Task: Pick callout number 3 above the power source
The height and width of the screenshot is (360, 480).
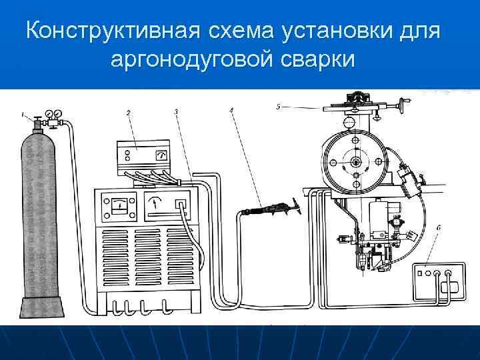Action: point(176,112)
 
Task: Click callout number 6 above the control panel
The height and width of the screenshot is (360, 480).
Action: point(437,229)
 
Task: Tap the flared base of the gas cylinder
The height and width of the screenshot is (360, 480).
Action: point(43,309)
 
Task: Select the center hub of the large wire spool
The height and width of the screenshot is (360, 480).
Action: point(356,161)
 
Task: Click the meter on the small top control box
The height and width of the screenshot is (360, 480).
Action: point(160,155)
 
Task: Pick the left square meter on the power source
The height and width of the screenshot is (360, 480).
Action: point(119,205)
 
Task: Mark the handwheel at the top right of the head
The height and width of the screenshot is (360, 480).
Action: point(403,103)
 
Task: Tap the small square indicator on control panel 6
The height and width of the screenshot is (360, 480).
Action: point(421,273)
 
